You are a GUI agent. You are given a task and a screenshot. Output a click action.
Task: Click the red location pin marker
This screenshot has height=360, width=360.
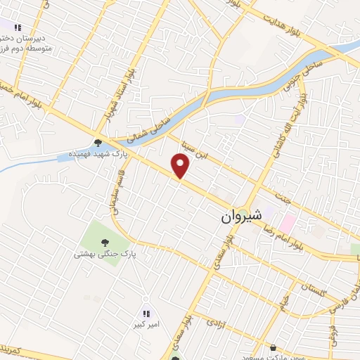click(x=181, y=166)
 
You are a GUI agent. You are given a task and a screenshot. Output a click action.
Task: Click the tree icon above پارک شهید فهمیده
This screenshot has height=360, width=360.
click(x=107, y=141)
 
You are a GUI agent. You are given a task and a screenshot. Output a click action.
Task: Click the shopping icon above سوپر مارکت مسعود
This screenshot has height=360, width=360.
click(x=273, y=347)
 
